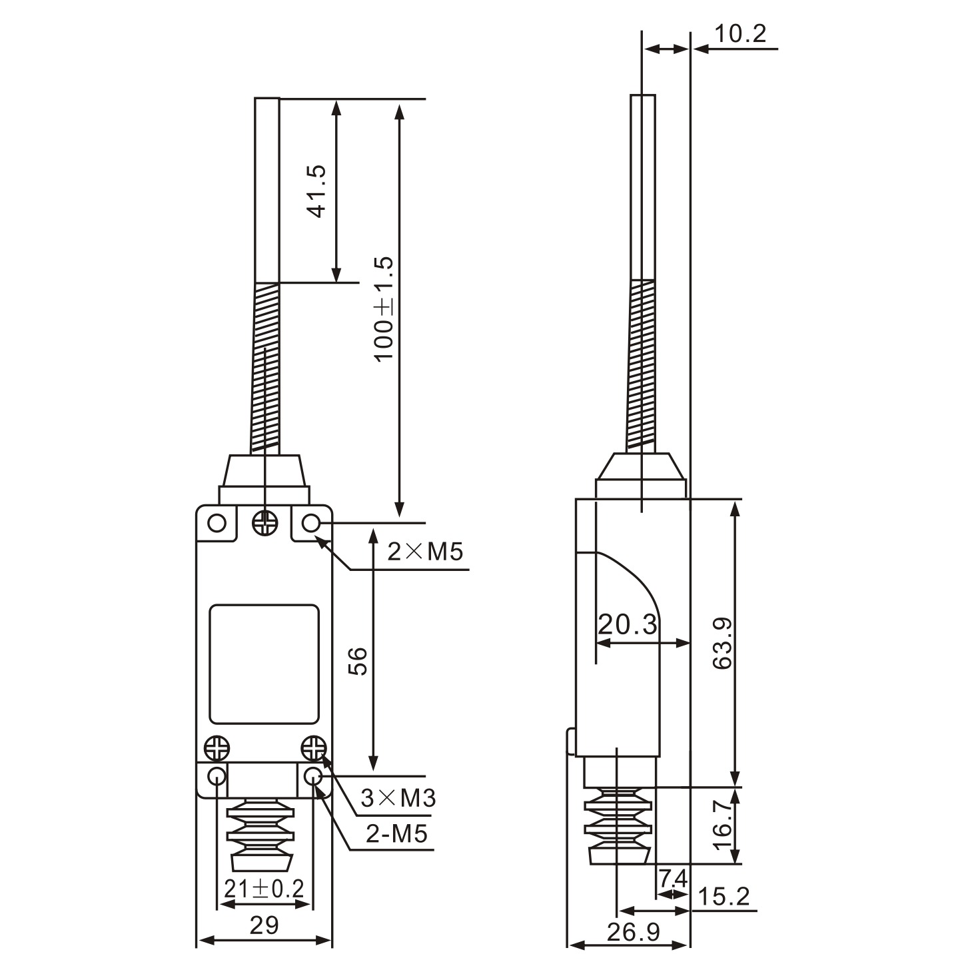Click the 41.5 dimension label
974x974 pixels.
[x=317, y=191]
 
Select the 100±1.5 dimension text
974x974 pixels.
[x=384, y=308]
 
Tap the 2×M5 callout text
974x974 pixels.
[x=425, y=552]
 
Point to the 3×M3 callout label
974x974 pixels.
[x=398, y=797]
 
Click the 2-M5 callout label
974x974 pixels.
[x=397, y=833]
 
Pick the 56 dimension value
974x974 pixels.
[x=358, y=661]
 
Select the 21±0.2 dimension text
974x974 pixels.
[x=264, y=888]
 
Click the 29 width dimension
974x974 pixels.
[x=264, y=925]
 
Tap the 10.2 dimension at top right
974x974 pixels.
[x=740, y=33]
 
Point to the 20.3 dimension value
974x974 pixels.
[x=627, y=625]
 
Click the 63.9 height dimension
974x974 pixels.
[x=722, y=643]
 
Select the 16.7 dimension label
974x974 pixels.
[x=722, y=825]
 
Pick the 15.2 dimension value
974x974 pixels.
[x=724, y=897]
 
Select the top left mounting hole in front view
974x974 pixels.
[x=217, y=522]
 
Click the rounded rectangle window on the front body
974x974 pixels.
[x=264, y=664]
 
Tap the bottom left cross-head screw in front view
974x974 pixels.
[x=217, y=747]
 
